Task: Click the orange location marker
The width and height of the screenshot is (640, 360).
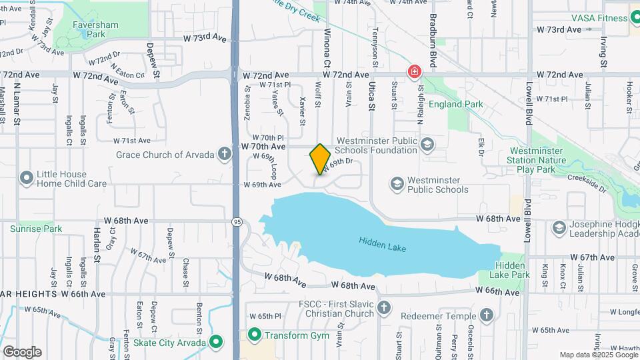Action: point(321,159)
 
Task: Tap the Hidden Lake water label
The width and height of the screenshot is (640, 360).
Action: point(382,244)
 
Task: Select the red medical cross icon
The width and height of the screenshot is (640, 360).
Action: point(415,71)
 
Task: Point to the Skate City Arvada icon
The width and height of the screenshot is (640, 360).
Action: point(216,343)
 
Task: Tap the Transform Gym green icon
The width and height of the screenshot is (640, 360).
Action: point(254,335)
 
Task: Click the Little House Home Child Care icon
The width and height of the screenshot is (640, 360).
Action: point(27,178)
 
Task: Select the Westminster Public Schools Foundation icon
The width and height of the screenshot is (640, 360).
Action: point(427,145)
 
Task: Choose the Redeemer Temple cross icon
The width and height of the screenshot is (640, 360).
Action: point(487,315)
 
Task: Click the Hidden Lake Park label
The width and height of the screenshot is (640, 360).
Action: point(509,270)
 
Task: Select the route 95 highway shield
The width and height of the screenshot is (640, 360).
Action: point(237,222)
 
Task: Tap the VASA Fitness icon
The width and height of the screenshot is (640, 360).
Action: point(632,18)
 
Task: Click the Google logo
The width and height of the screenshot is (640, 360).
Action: point(22,352)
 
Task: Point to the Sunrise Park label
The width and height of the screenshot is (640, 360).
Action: point(36,229)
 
